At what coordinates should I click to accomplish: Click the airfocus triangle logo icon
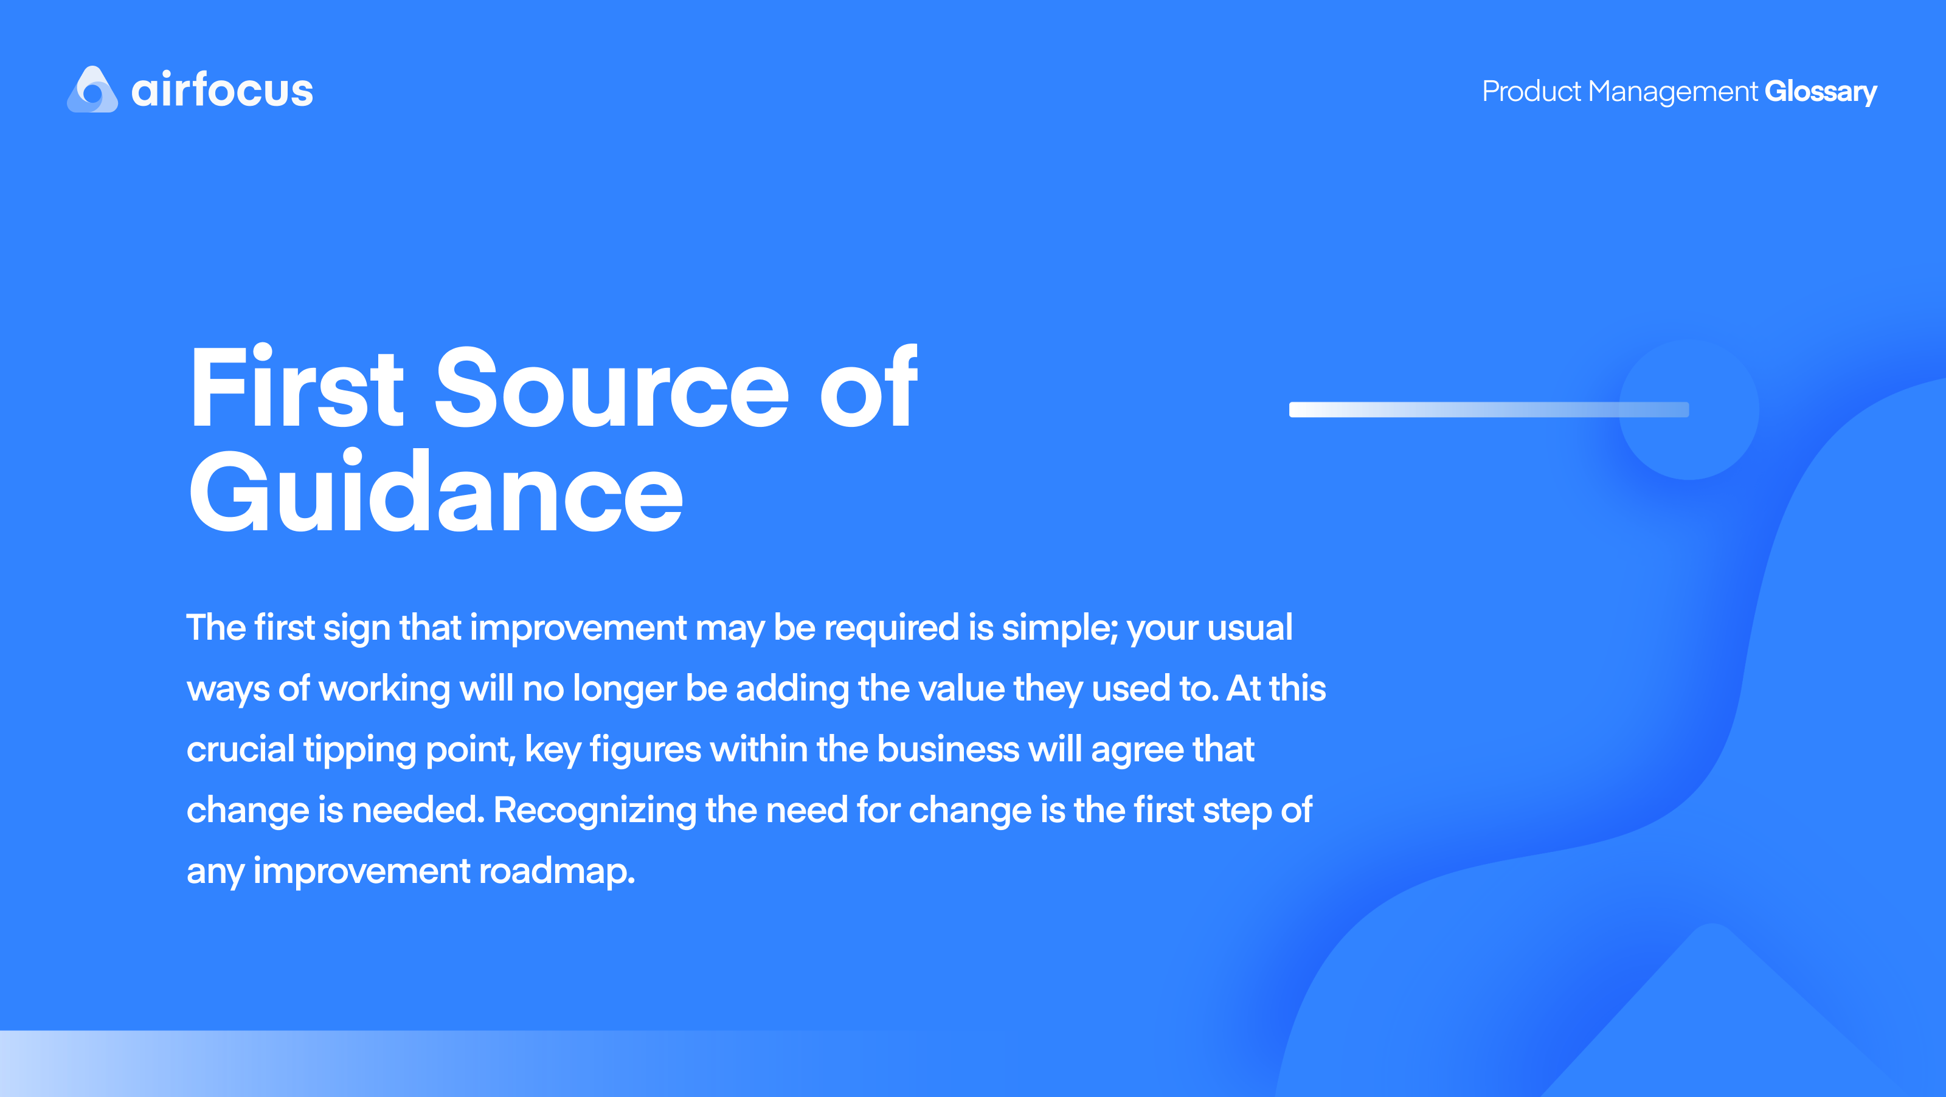[x=92, y=90]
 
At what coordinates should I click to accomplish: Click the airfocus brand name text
[x=222, y=90]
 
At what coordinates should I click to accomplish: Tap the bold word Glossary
[x=1820, y=91]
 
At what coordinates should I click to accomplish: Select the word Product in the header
[x=1531, y=91]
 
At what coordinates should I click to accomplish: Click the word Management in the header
[x=1672, y=91]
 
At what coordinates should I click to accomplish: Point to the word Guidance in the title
[x=436, y=493]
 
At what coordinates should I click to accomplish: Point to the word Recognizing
[x=595, y=810]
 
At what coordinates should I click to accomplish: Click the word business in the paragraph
[x=948, y=749]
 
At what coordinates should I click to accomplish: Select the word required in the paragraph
[x=892, y=628]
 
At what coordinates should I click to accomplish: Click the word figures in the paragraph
[x=645, y=749]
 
